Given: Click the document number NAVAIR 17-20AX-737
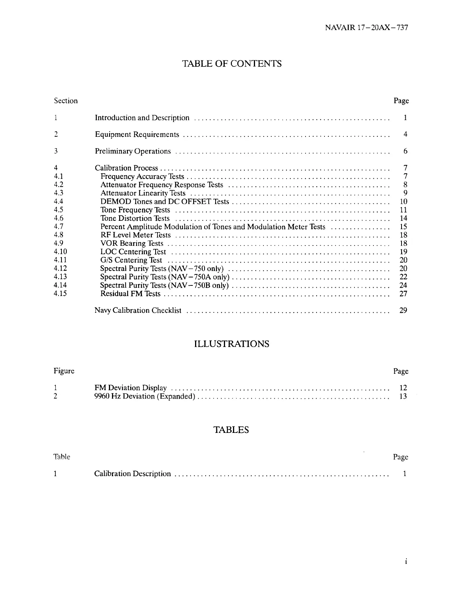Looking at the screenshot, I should tap(367, 28).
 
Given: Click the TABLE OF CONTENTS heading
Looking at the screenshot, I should tap(232, 63).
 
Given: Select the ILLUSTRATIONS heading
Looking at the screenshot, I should tap(231, 344).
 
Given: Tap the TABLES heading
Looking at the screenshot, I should tap(231, 430).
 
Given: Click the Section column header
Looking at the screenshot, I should tap(66, 101).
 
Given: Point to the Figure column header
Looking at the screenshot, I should tap(64, 371).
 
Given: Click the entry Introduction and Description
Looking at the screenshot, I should tap(142, 118).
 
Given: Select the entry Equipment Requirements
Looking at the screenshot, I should tap(137, 135).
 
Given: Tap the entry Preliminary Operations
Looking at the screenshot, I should tap(133, 151).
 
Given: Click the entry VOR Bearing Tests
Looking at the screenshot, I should tap(132, 244).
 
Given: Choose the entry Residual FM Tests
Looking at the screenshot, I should tap(130, 294).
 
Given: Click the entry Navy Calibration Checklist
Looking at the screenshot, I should tap(138, 311).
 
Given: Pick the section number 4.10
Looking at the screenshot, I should tap(60, 252).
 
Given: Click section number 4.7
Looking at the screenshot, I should tap(58, 227).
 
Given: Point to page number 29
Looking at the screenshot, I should tap(403, 311).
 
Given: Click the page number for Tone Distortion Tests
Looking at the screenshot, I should tap(403, 219).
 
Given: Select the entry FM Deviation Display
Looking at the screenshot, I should tap(131, 388).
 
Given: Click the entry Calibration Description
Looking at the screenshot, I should tap(132, 474).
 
